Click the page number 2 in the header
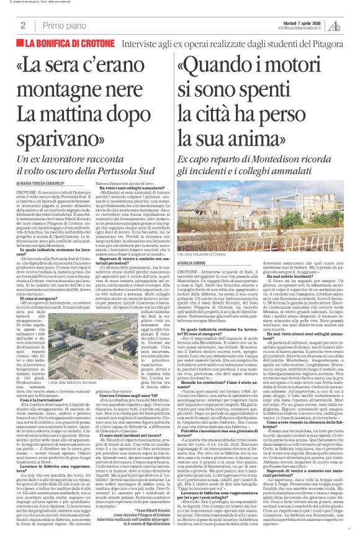[x=23, y=25]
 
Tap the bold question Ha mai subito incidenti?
[x=299, y=292]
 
